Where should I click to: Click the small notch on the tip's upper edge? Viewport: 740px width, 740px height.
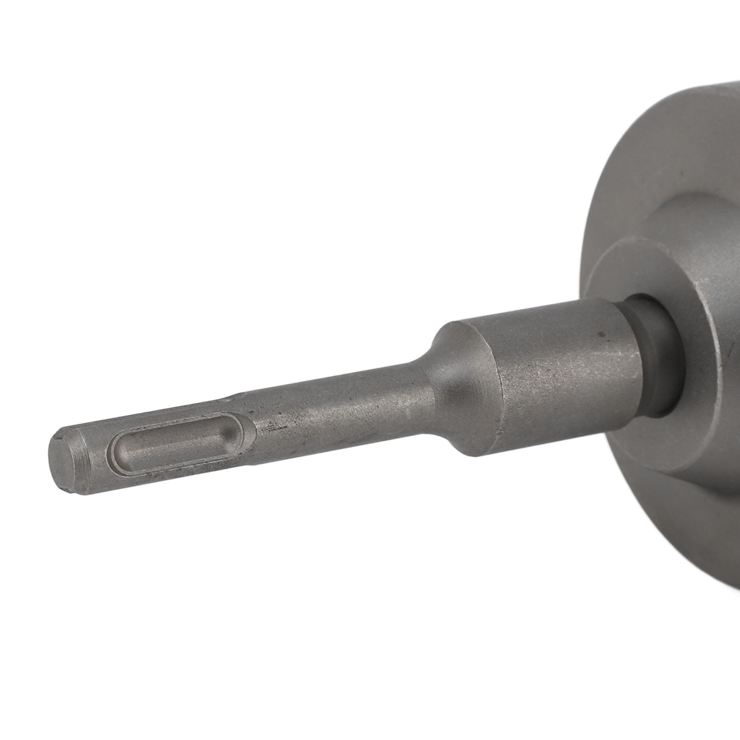[59, 434]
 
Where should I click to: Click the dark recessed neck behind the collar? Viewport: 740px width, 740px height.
[647, 351]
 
